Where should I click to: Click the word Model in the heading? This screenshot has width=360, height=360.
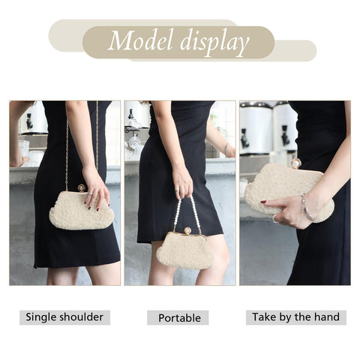tap(141, 40)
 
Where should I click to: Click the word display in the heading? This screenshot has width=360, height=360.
tap(214, 43)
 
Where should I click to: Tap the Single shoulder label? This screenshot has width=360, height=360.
tap(64, 317)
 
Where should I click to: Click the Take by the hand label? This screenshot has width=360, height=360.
tap(296, 317)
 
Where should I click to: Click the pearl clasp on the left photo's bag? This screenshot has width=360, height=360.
tap(82, 187)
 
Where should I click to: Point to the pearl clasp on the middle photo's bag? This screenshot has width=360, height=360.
tap(187, 231)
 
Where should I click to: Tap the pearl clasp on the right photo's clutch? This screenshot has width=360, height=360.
tap(295, 163)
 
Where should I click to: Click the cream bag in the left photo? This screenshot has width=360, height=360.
tap(81, 209)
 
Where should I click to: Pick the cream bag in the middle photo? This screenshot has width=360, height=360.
tap(184, 250)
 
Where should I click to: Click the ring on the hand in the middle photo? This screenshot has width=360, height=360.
tap(177, 190)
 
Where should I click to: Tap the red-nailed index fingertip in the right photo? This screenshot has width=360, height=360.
tap(264, 202)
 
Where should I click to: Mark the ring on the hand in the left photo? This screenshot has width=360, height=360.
tap(90, 193)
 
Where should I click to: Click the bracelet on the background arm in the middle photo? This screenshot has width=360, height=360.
tap(226, 150)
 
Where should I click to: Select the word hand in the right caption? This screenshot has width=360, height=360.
tap(327, 316)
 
